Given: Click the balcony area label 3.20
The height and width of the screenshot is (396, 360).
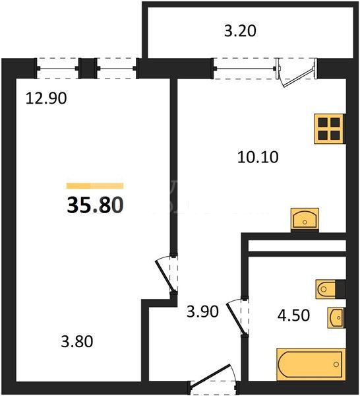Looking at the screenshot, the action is [x=240, y=31].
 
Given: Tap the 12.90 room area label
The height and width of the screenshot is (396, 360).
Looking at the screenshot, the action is [x=46, y=98].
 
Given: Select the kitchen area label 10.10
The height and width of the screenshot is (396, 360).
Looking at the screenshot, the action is [x=258, y=157].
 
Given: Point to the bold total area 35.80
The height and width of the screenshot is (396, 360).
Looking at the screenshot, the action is [x=95, y=205].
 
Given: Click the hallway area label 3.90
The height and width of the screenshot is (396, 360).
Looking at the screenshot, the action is [x=202, y=312].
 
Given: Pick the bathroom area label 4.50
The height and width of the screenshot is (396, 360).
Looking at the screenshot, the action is [x=293, y=315].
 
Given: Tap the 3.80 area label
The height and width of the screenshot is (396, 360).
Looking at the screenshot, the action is [x=77, y=341].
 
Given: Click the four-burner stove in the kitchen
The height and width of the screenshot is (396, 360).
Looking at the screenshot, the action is [x=330, y=129].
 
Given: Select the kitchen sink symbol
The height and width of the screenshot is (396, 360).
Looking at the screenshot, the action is [x=305, y=219].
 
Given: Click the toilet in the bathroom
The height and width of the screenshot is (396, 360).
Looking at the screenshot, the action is [x=326, y=289].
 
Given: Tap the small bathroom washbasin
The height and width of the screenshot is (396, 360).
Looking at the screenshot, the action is [x=336, y=317].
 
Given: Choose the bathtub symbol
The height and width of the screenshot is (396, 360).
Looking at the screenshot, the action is [x=311, y=364].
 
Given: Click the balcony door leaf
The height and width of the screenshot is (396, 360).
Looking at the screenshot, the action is [x=299, y=77].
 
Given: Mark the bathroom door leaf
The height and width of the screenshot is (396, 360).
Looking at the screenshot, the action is [x=235, y=319].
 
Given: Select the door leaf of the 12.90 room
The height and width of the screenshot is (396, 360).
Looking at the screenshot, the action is [x=165, y=277].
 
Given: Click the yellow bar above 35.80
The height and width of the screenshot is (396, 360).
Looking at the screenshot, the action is [x=95, y=186].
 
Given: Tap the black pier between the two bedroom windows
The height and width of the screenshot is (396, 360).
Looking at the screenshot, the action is [x=88, y=69].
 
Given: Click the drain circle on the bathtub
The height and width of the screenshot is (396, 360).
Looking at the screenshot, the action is [x=336, y=364].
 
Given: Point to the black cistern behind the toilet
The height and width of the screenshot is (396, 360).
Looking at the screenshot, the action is [x=341, y=288].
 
